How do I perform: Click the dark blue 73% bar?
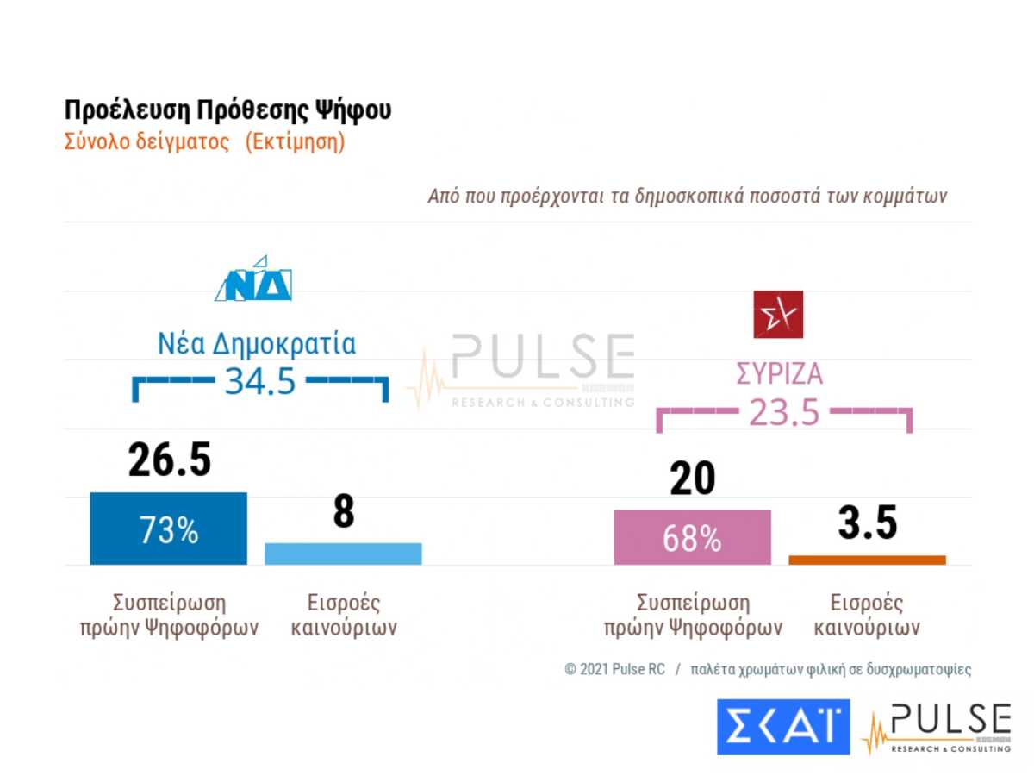point(168,529)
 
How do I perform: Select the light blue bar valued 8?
point(343,554)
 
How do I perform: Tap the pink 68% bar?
point(692,537)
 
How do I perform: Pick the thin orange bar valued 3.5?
point(867,560)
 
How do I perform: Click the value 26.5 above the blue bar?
point(169,460)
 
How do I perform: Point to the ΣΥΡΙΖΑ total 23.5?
point(783,413)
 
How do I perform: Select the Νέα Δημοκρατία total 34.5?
point(260,380)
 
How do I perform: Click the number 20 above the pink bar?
point(692,478)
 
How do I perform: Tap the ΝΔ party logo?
point(253,279)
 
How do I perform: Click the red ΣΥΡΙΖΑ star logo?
point(778,314)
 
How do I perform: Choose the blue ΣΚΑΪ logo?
point(783,727)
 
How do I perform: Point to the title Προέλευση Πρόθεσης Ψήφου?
point(227,111)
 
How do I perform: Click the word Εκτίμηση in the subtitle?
point(295,142)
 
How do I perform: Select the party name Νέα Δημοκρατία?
point(256,344)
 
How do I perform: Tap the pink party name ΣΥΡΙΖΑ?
point(779,375)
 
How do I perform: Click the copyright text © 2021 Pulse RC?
point(614,670)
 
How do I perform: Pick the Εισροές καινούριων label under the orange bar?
point(867,615)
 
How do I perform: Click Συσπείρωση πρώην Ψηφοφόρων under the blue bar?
point(168,615)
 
